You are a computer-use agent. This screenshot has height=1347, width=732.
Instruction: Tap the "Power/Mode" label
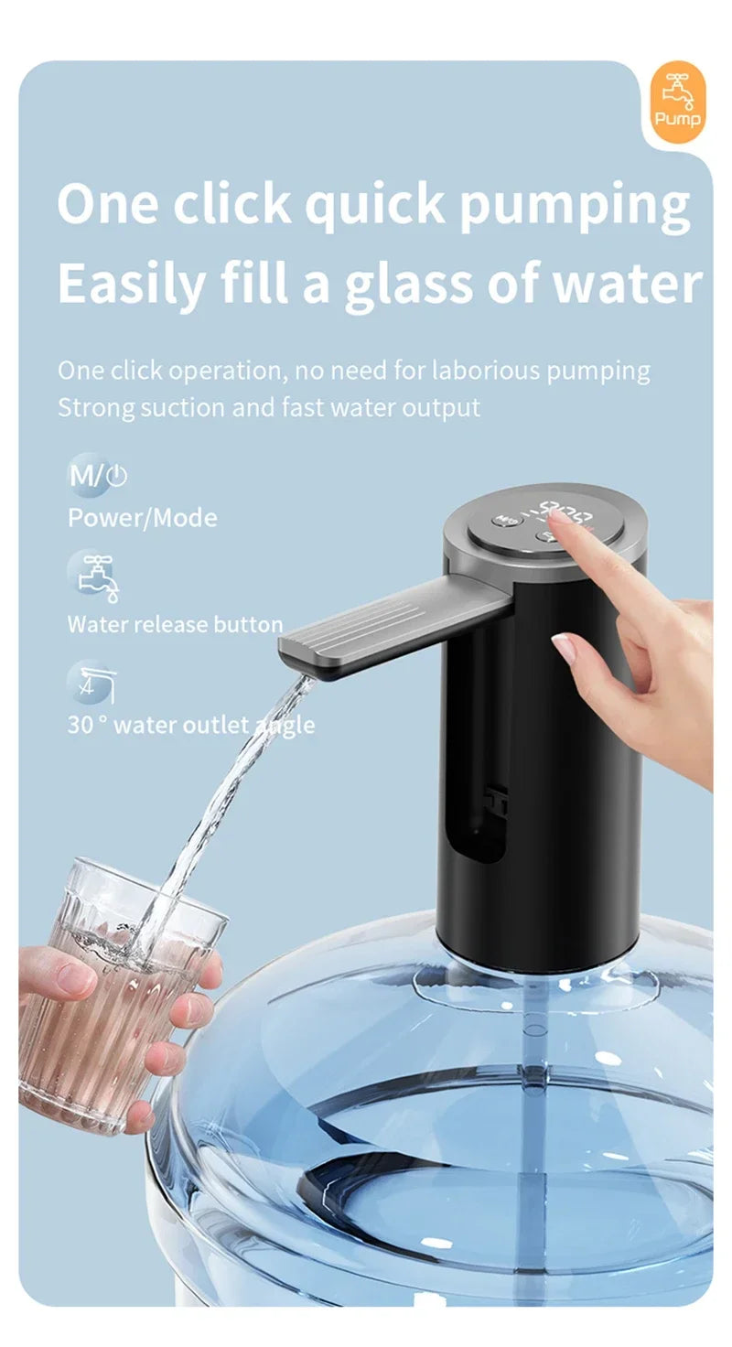click(x=143, y=518)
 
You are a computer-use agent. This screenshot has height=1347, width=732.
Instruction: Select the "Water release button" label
click(x=175, y=625)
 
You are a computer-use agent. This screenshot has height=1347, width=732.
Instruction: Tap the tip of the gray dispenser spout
click(x=295, y=652)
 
